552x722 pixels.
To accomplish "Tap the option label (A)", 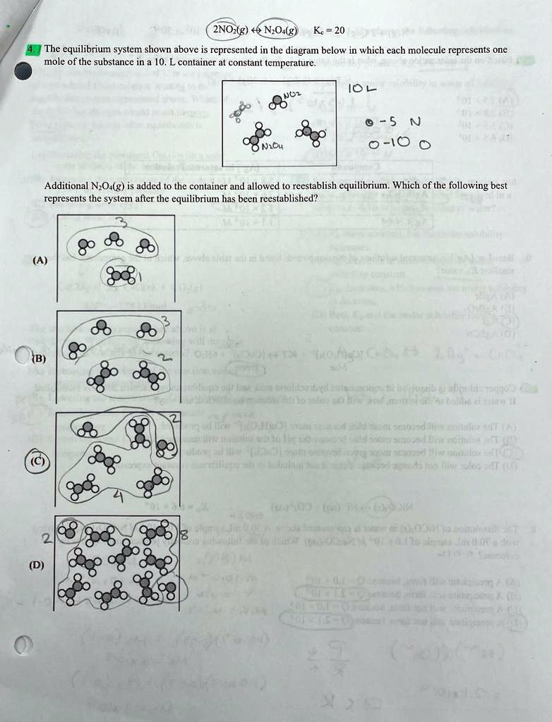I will click(39, 259).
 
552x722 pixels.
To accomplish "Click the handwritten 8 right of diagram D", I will click(183, 537).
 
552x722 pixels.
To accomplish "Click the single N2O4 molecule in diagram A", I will click(119, 275).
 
